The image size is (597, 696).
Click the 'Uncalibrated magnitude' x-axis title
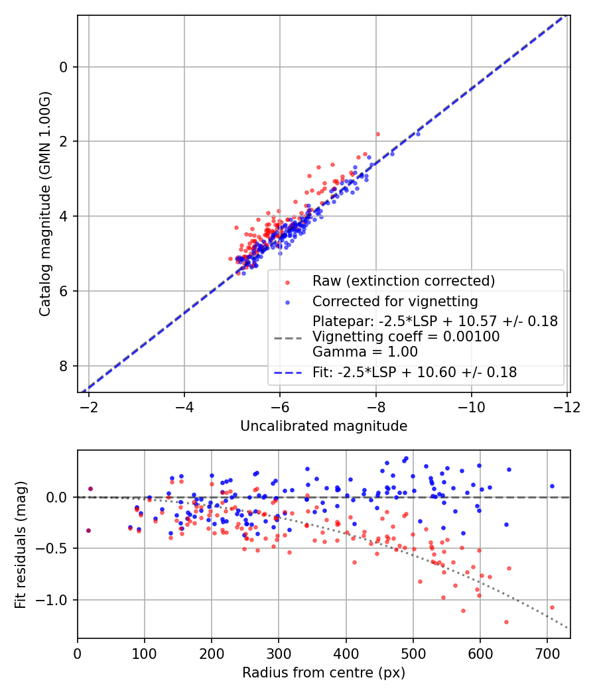(324, 426)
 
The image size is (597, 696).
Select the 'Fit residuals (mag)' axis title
(20, 545)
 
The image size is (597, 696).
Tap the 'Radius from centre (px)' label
(324, 673)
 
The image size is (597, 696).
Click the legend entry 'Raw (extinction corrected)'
(403, 281)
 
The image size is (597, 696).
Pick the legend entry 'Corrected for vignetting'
(395, 302)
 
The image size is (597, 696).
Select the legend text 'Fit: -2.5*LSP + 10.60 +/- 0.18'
(415, 373)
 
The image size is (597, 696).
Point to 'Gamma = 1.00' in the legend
(365, 352)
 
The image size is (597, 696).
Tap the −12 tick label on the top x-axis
(567, 406)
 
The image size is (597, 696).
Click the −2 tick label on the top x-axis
(89, 406)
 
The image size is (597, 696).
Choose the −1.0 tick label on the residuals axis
(54, 600)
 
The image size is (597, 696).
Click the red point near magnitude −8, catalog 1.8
(377, 134)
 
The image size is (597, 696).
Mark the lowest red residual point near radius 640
(506, 622)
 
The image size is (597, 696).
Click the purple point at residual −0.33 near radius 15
(88, 530)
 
